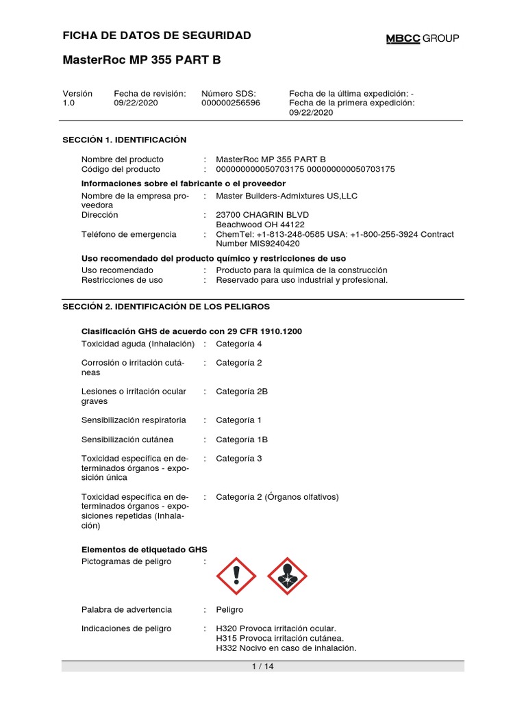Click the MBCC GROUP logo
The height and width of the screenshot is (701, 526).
423,38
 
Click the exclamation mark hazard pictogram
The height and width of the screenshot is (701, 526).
236,576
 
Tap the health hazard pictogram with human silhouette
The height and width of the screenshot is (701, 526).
287,576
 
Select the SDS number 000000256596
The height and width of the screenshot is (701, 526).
231,103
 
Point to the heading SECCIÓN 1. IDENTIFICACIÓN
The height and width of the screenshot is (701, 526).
125,140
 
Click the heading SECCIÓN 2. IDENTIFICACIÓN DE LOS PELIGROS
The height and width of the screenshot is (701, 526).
166,306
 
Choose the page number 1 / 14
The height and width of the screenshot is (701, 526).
263,667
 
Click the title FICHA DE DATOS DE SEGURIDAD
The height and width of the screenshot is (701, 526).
157,36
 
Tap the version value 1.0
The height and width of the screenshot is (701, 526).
68,103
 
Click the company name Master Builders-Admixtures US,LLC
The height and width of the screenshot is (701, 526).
286,196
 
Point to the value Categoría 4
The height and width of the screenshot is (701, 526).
238,344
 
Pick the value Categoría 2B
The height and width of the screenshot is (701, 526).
241,392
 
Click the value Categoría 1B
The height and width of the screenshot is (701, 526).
241,439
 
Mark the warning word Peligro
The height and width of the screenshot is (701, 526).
229,609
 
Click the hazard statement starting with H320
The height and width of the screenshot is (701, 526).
276,628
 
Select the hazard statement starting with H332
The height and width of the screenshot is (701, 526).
286,648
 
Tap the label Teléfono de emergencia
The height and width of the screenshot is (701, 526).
129,234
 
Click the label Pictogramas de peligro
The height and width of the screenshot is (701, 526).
127,561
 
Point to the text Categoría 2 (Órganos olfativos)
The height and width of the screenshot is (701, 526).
277,497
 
